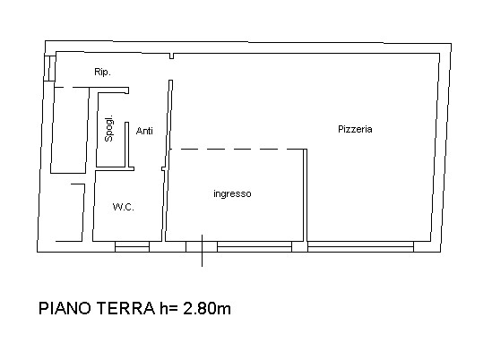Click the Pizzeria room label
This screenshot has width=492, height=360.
pos(355,129)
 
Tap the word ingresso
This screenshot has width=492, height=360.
pos(232,193)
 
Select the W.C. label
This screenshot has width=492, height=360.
pos(124,207)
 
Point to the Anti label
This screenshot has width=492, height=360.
pos(144,131)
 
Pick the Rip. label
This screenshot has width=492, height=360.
pos(102,72)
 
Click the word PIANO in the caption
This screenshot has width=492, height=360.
pos(65,308)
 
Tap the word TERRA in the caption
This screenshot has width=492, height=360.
pos(125,308)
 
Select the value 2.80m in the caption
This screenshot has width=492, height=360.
pos(207,308)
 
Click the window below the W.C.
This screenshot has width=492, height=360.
pos(132,247)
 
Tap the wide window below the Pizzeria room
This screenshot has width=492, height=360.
pos(360,247)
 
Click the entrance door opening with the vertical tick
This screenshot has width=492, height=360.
pos(202,247)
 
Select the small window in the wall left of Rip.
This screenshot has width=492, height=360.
pos(49,68)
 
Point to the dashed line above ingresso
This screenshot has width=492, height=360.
pos(237,150)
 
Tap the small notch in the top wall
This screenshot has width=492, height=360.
pos(171,56)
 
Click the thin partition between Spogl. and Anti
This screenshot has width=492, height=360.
pos(127,144)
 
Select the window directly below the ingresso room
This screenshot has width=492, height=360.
pos(255,247)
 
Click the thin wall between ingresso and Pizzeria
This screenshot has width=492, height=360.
pos(305,195)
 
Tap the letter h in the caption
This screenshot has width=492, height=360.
pos(164,308)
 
